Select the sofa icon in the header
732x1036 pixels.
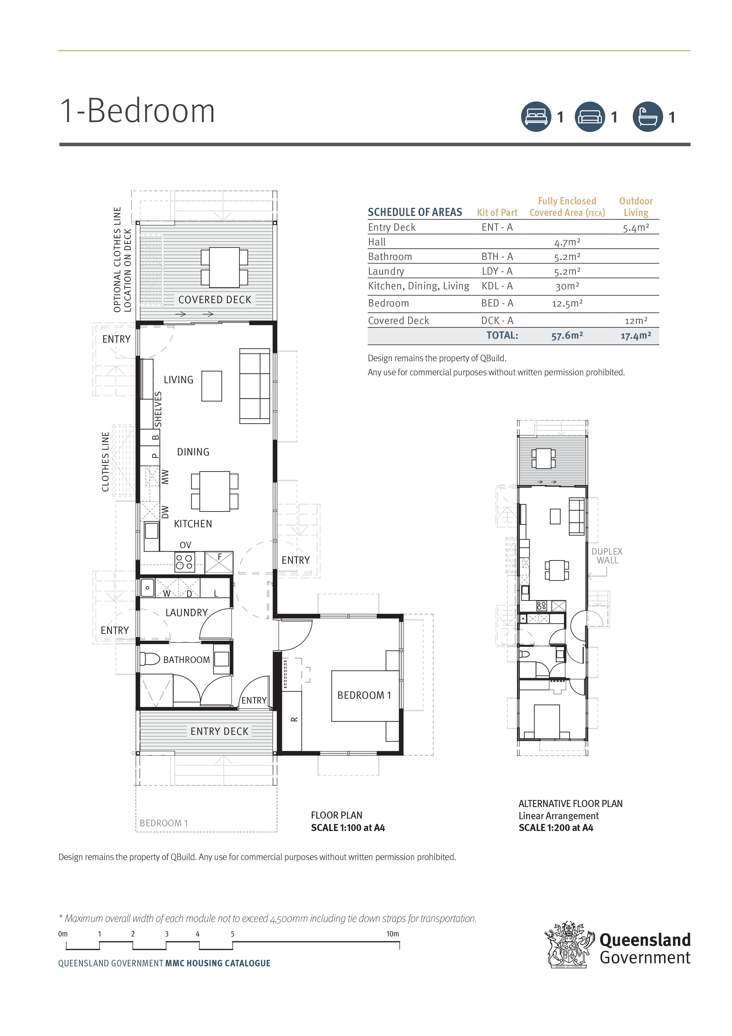pos(589,117)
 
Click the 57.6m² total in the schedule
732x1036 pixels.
pos(567,336)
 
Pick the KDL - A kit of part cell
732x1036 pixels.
pos(497,286)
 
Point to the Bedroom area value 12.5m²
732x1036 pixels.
pos(567,303)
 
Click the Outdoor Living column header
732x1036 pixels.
pos(636,207)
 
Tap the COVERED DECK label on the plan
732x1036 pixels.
pos(215,300)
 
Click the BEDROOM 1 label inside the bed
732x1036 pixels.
pos(364,695)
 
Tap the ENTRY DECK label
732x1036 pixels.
pos(219,731)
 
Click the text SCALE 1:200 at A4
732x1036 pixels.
pos(556,828)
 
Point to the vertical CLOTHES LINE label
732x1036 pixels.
pos(105,462)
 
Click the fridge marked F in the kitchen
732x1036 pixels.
pos(219,562)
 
